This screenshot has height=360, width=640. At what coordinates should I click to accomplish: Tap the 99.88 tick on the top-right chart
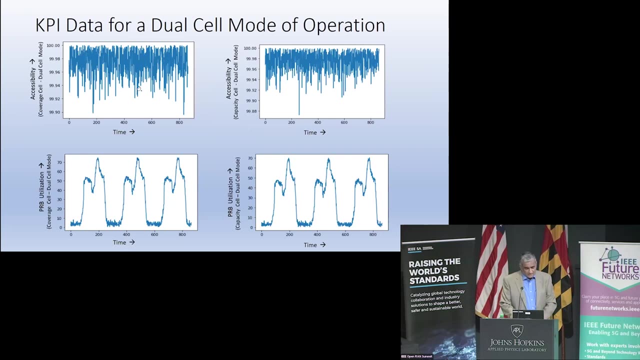pyautogui.click(x=250, y=111)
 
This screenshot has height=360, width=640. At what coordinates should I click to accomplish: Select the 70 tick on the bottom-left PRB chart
pyautogui.click(x=59, y=162)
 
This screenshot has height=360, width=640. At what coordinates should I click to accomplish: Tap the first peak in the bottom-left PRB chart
pyautogui.click(x=97, y=159)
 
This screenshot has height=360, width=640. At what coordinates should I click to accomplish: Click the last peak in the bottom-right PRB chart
pyautogui.click(x=369, y=159)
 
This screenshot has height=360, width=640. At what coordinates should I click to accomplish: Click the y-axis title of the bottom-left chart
pyautogui.click(x=45, y=191)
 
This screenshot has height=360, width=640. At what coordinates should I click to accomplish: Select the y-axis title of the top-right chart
pyautogui.click(x=232, y=81)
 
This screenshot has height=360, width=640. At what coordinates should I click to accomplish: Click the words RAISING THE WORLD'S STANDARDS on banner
pyautogui.click(x=433, y=271)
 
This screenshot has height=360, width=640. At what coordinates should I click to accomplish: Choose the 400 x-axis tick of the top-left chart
pyautogui.click(x=123, y=122)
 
